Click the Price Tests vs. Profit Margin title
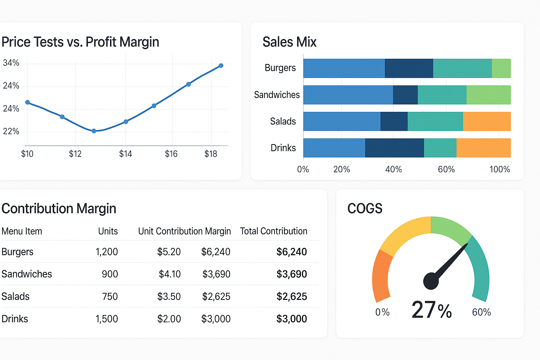[x=80, y=42]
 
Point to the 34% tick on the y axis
[x=11, y=63]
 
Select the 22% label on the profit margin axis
[x=11, y=131]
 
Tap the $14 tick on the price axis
[x=126, y=154]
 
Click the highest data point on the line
[x=221, y=66]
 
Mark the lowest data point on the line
[x=94, y=131]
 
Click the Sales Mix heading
[x=289, y=42]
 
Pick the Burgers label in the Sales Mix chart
[x=280, y=68]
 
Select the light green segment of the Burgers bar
[x=501, y=68]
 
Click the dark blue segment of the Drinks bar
[x=394, y=148]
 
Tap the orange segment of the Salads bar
[x=487, y=121]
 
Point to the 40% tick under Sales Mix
[x=393, y=169]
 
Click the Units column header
[x=108, y=231]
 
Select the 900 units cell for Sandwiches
[x=110, y=274]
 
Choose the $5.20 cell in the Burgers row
[x=169, y=252]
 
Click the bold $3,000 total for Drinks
[x=291, y=319]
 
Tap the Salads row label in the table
[x=15, y=296]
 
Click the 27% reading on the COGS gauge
[x=432, y=310]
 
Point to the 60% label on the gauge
[x=481, y=312]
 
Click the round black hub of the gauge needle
[x=431, y=281]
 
